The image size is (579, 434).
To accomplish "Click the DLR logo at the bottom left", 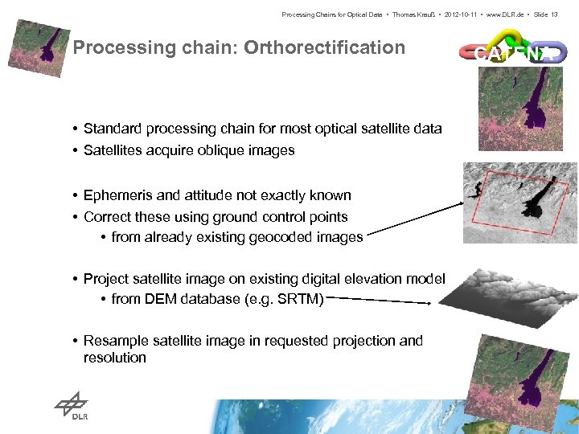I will point(73,407).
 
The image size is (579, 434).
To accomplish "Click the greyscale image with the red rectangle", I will point(520,201).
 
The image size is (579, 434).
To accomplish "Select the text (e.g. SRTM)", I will point(283,300).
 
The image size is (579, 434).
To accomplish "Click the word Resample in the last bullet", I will point(113,341).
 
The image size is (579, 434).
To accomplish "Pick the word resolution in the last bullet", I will point(115,358).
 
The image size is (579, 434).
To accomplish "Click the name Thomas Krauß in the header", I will point(410,15).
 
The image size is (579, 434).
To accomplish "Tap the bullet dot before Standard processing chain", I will point(74,129).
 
